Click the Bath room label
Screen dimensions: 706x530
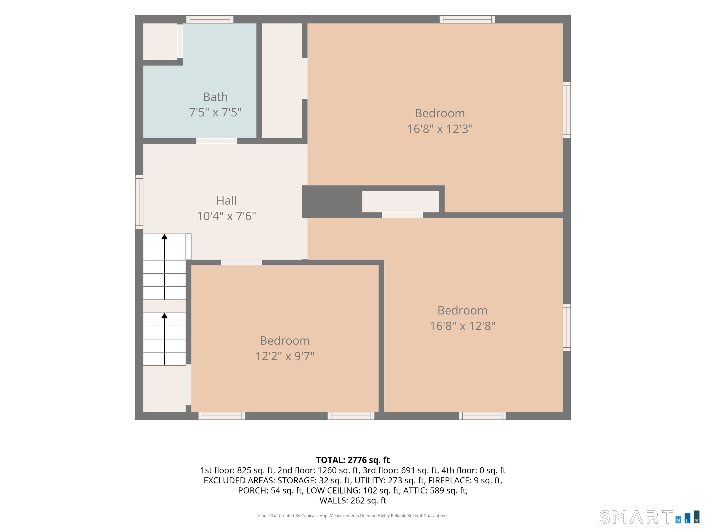tap(215, 97)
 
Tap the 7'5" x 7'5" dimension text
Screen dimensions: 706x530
tap(215, 113)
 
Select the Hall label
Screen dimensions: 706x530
tap(226, 201)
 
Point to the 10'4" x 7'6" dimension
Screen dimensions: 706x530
tap(226, 216)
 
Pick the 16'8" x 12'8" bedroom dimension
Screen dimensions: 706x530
tap(463, 326)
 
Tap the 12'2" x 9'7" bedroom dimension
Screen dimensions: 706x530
tap(285, 356)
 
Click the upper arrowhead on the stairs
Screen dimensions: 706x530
tap(164, 237)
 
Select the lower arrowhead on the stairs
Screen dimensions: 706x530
tap(164, 316)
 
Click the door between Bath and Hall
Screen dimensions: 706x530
tap(217, 141)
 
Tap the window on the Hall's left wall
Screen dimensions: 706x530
tap(139, 202)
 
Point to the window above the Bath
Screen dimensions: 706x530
tap(210, 19)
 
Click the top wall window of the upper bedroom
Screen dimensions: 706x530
tap(467, 19)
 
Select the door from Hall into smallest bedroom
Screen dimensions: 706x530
tap(242, 263)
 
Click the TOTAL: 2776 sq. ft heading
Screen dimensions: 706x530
tap(353, 460)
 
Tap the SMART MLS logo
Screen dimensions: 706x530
tap(650, 517)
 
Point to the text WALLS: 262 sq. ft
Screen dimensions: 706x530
tap(353, 501)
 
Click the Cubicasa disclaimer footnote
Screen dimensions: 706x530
tap(353, 516)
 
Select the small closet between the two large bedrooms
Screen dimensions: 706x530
tap(400, 202)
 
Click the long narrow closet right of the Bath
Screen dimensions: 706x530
tap(282, 81)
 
